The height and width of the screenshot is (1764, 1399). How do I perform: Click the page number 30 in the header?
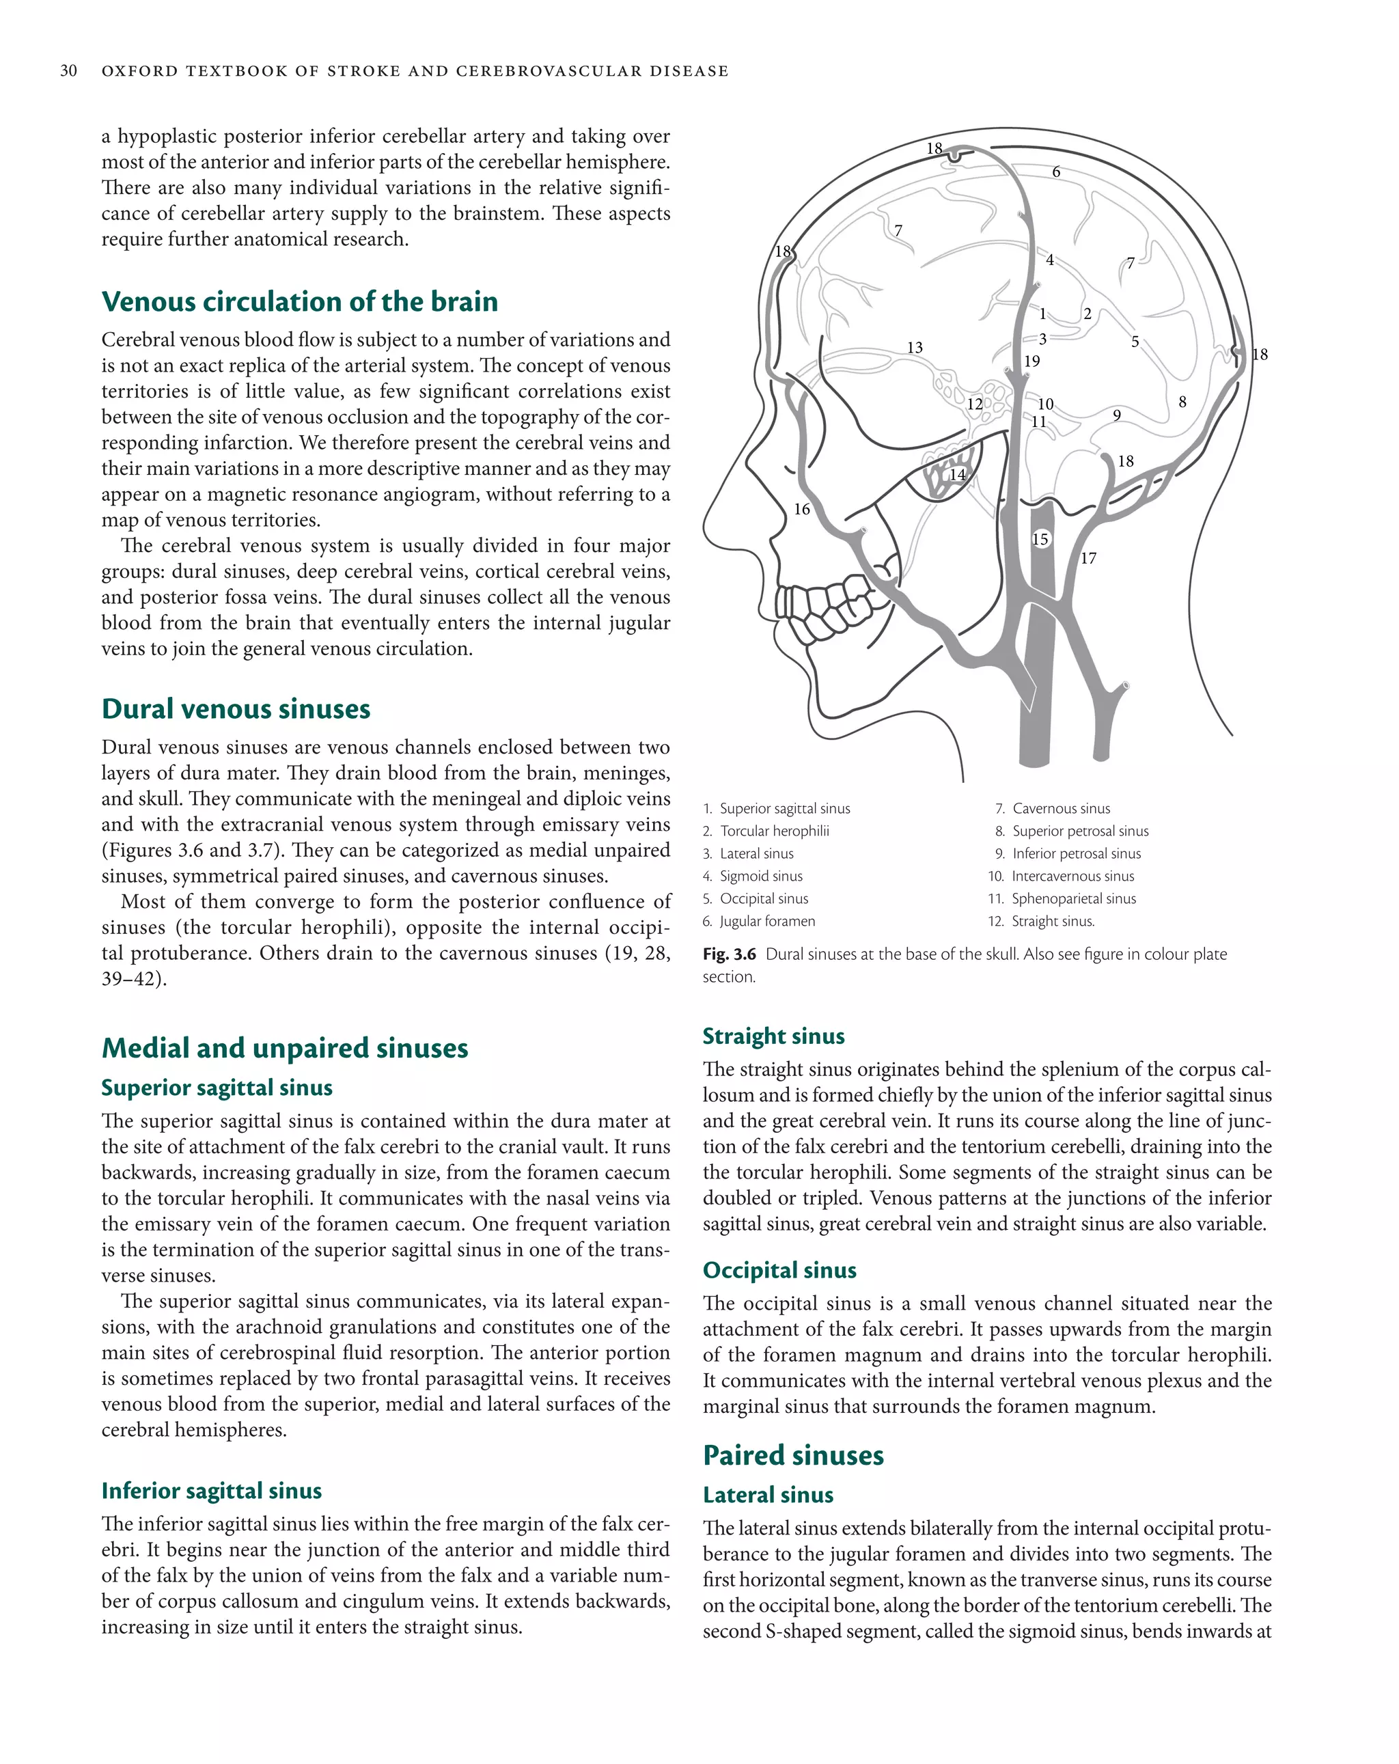pos(69,71)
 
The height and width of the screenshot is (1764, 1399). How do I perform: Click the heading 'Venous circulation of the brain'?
pos(299,302)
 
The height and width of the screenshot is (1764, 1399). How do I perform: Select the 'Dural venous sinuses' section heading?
pos(236,708)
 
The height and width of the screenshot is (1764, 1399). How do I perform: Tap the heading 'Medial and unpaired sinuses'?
pos(285,1048)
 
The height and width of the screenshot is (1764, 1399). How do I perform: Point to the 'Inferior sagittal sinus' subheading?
pos(211,1491)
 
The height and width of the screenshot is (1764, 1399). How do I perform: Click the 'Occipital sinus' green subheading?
pos(779,1270)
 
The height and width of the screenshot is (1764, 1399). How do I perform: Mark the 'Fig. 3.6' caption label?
pos(729,954)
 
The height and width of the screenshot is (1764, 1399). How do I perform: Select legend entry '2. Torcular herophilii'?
pos(766,831)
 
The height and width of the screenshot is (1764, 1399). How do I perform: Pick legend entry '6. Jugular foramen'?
pos(759,921)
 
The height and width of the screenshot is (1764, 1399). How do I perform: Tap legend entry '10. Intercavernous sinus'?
pos(1061,877)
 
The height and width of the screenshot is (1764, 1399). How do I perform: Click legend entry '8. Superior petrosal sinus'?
pos(1072,831)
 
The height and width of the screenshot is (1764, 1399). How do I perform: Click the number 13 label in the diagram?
pos(915,348)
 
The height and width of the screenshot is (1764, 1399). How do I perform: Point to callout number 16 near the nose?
pos(802,510)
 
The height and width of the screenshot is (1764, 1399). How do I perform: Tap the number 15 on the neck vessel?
pos(1040,539)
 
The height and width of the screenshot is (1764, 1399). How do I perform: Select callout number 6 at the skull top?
pos(1056,171)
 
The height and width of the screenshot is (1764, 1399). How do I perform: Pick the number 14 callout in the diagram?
pos(957,475)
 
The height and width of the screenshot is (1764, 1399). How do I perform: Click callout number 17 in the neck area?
pos(1088,559)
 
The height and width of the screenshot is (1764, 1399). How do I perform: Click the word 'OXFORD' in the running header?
pos(139,71)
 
